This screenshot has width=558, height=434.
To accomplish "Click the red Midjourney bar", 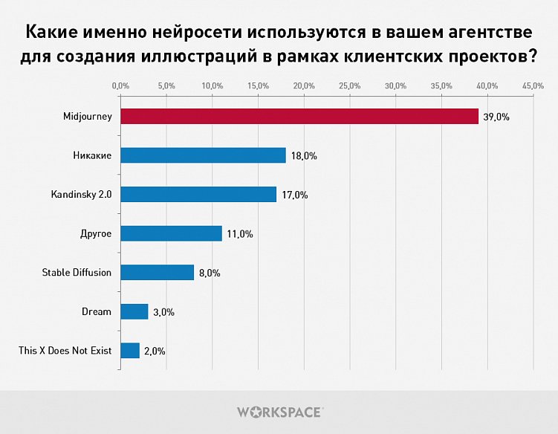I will pos(299,117).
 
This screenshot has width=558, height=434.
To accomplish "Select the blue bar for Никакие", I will pos(203,155).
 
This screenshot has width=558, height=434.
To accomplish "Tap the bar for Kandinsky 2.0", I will pos(198,195).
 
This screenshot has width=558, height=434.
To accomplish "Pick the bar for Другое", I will pos(171,233).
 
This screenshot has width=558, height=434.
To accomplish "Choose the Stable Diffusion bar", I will pos(157,272).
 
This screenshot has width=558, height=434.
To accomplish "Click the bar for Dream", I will pos(134,311).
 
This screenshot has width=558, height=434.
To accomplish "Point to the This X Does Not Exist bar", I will pos(130,350).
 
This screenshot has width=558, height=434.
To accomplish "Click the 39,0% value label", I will pos(496,117).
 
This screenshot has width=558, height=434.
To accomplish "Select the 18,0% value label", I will pos(304,156).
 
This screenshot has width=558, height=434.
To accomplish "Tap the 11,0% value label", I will pos(240,234).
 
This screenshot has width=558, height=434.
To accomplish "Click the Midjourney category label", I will pos(88,117).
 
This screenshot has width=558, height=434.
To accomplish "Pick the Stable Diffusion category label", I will pos(77,272).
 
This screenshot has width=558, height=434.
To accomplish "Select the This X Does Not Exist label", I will pos(65,350).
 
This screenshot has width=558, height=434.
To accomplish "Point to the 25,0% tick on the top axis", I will pos(350,87).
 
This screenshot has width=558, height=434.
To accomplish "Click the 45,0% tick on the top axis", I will pos(533,87).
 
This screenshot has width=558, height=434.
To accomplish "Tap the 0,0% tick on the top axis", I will pos(120,87).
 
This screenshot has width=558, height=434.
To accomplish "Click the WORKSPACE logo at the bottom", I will pos(279,411).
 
